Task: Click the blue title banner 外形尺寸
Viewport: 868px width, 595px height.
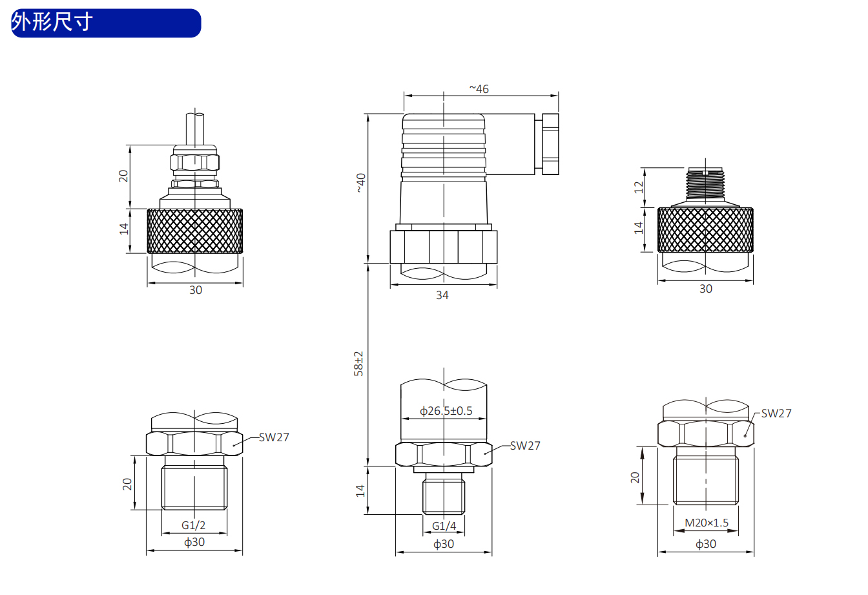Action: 106,23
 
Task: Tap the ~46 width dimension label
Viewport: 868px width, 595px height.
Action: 479,89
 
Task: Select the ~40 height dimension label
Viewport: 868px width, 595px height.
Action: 360,183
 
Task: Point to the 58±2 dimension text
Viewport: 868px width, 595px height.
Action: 358,364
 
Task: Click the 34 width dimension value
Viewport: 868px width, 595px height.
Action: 442,295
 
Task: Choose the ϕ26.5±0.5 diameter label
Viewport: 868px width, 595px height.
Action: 446,410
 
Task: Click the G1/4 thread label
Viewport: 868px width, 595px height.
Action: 444,526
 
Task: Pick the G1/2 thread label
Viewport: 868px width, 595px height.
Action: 193,525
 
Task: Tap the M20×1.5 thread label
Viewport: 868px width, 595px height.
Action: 707,523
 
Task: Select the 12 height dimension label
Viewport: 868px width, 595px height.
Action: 639,187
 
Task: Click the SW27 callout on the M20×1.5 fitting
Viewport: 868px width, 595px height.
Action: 776,413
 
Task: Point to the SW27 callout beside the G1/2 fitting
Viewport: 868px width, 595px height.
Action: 274,437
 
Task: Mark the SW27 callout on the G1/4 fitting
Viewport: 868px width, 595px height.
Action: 525,446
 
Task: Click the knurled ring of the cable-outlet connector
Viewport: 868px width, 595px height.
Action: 195,231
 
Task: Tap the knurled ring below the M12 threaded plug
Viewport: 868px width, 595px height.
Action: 705,230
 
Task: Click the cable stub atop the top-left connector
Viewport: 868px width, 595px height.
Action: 195,129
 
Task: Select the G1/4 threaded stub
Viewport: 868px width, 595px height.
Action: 444,496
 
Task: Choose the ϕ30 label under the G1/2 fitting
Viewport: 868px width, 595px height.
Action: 194,542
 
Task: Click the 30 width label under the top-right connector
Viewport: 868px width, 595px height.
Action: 706,289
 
